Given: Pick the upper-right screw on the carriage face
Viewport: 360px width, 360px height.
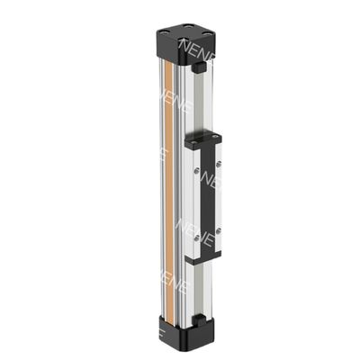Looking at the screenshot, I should (x=220, y=163).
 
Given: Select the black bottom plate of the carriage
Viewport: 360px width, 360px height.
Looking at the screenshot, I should (x=204, y=258).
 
